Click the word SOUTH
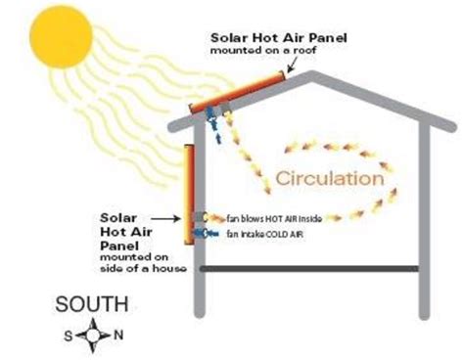point(89,304)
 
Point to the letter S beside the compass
point(68,336)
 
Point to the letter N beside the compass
point(119,336)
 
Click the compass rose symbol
point(94,336)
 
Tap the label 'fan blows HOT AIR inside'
point(273,216)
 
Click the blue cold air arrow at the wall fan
point(204,234)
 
